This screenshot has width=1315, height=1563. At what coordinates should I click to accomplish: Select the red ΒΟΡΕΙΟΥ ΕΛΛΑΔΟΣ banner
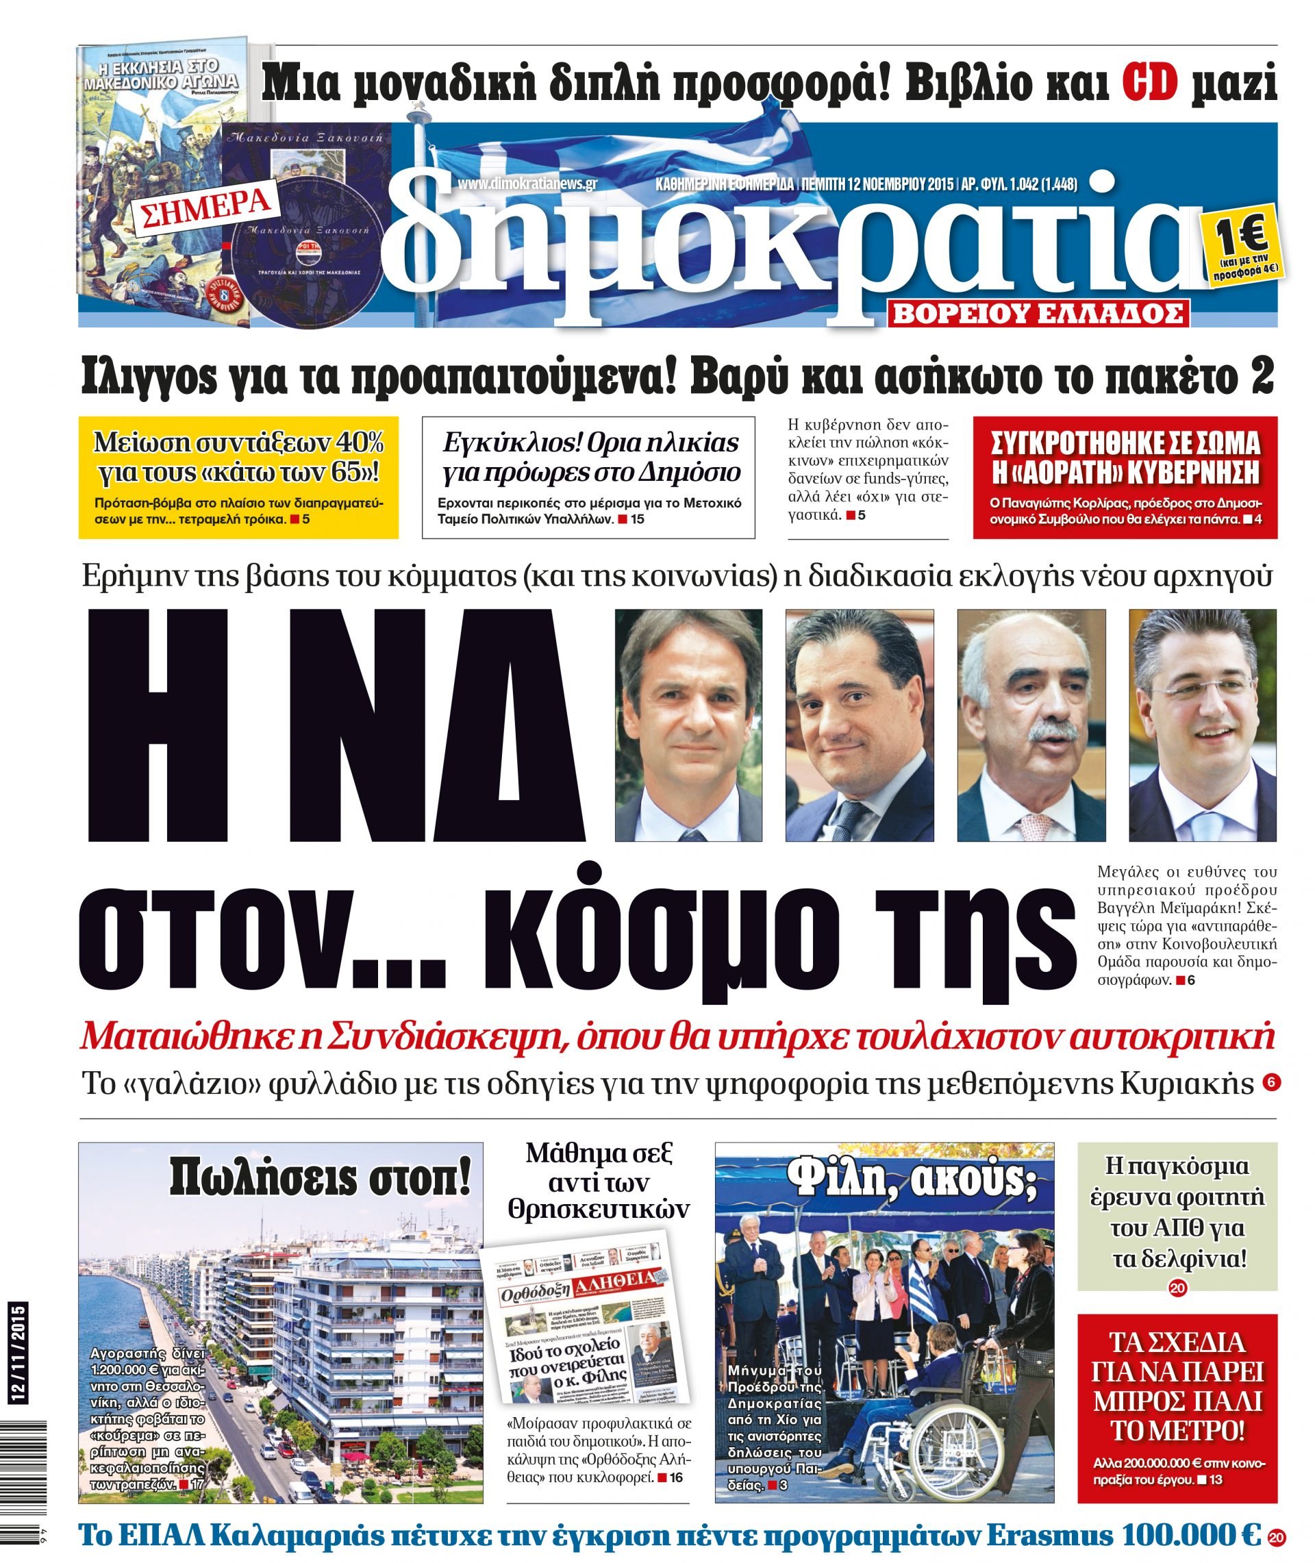(x=1038, y=314)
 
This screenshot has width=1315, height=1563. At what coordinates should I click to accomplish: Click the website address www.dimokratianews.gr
(x=528, y=184)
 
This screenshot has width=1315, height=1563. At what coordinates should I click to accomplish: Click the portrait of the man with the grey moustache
(x=1031, y=725)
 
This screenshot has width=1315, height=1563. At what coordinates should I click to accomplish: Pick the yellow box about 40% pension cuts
(x=238, y=477)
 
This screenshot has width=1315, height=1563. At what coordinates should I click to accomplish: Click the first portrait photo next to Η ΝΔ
(x=688, y=725)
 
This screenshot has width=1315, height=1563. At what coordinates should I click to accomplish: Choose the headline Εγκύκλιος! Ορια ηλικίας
(x=590, y=458)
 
